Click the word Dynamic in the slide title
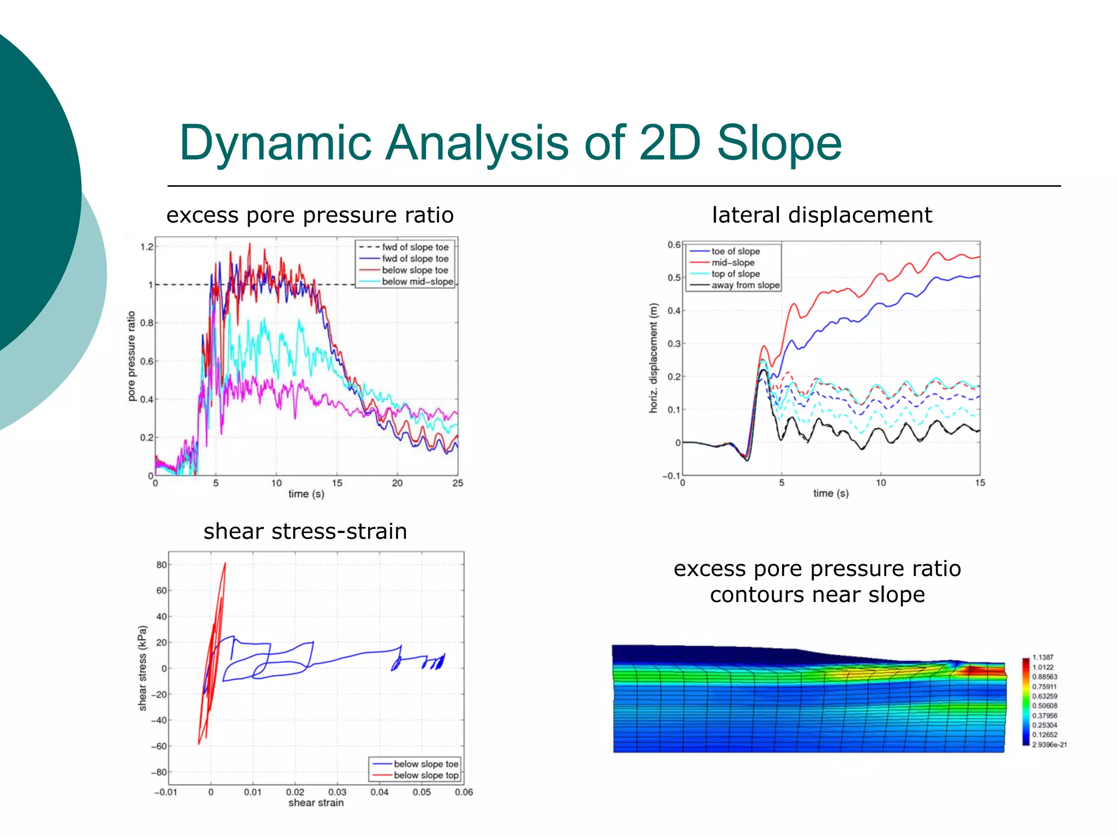pyautogui.click(x=275, y=143)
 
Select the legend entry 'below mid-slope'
pyautogui.click(x=417, y=282)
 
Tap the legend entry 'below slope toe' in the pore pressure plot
pyautogui.click(x=415, y=270)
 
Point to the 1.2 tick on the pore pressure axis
pyautogui.click(x=147, y=247)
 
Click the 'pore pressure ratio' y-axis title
pyautogui.click(x=131, y=356)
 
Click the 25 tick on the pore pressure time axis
pyautogui.click(x=458, y=483)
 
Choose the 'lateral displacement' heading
pyautogui.click(x=821, y=215)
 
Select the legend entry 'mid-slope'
pyautogui.click(x=732, y=263)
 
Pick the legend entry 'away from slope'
pyautogui.click(x=745, y=286)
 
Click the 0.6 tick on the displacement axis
pyautogui.click(x=674, y=245)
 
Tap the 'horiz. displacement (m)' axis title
pyautogui.click(x=653, y=358)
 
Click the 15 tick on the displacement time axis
pyautogui.click(x=980, y=483)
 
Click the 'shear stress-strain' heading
pyautogui.click(x=305, y=531)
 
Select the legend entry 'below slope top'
pyautogui.click(x=425, y=775)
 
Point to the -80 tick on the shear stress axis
pyautogui.click(x=159, y=772)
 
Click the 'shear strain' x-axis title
pyautogui.click(x=316, y=803)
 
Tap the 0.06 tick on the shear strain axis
pyautogui.click(x=464, y=792)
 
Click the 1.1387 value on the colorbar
pyautogui.click(x=1042, y=657)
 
